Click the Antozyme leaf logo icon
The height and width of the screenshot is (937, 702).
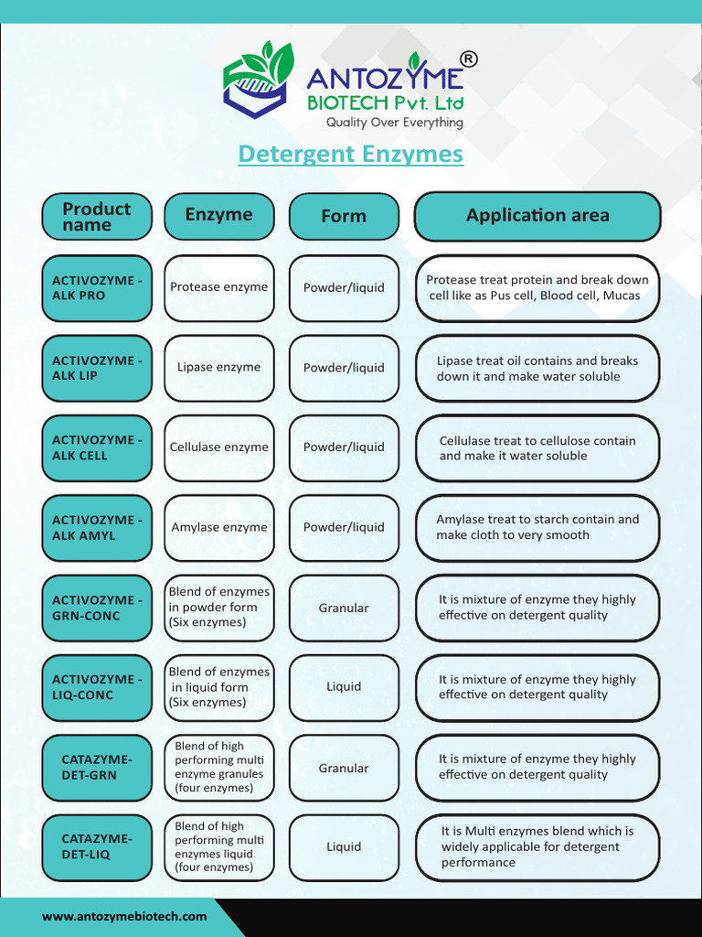point(258,81)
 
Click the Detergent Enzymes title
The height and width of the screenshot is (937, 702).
point(350,154)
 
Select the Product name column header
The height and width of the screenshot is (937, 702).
point(97,216)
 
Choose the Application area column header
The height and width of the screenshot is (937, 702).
point(537,216)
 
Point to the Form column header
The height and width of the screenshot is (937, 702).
point(344,216)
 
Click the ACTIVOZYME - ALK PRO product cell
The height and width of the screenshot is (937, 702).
point(97,288)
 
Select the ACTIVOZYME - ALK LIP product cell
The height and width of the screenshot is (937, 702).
point(97,368)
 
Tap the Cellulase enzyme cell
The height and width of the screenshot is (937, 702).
point(219,447)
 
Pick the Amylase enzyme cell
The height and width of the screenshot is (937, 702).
point(219,528)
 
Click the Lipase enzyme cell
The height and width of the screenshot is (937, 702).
point(219,368)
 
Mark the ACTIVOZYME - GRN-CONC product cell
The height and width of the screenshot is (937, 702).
point(97,608)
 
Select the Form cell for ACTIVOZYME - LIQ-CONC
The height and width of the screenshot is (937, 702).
point(344,687)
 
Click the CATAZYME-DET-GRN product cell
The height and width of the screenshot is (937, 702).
point(97,768)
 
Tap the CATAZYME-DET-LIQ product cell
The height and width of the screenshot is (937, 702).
point(97,847)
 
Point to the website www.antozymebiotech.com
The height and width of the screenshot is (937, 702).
point(124,916)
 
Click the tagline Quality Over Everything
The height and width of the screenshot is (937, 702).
point(395,123)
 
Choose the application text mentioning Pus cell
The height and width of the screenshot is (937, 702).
point(537,288)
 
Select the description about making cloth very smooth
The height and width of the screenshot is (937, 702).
point(537,528)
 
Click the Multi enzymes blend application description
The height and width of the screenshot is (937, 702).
point(537,847)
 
